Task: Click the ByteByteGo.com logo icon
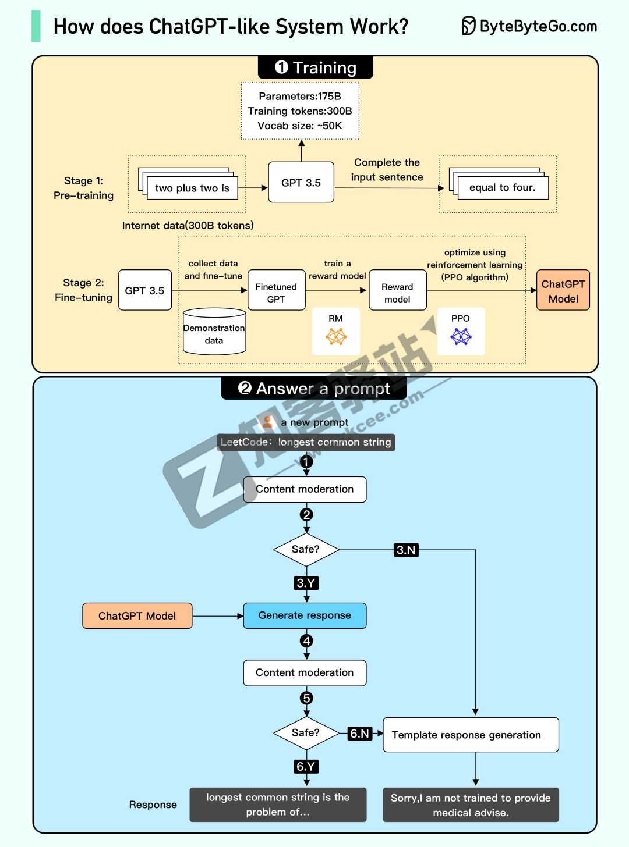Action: pyautogui.click(x=468, y=26)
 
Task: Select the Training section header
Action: pyautogui.click(x=315, y=67)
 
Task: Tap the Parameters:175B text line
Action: pyautogui.click(x=300, y=97)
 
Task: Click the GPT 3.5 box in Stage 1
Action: pyautogui.click(x=301, y=183)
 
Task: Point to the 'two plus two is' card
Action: pyautogui.click(x=192, y=188)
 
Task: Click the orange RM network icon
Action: pyautogui.click(x=336, y=337)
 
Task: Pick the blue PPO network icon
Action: pyautogui.click(x=461, y=337)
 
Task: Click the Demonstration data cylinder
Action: pyautogui.click(x=214, y=332)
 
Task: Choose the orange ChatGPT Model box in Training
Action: pyautogui.click(x=563, y=290)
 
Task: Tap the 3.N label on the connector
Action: pyautogui.click(x=406, y=550)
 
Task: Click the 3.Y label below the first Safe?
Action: pyautogui.click(x=306, y=583)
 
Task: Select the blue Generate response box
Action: pyautogui.click(x=305, y=615)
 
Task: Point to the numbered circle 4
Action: pyautogui.click(x=306, y=641)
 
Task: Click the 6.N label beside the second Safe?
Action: pyautogui.click(x=359, y=734)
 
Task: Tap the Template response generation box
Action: pyautogui.click(x=471, y=735)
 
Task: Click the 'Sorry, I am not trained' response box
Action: pyautogui.click(x=471, y=805)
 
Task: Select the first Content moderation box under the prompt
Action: pyautogui.click(x=305, y=489)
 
